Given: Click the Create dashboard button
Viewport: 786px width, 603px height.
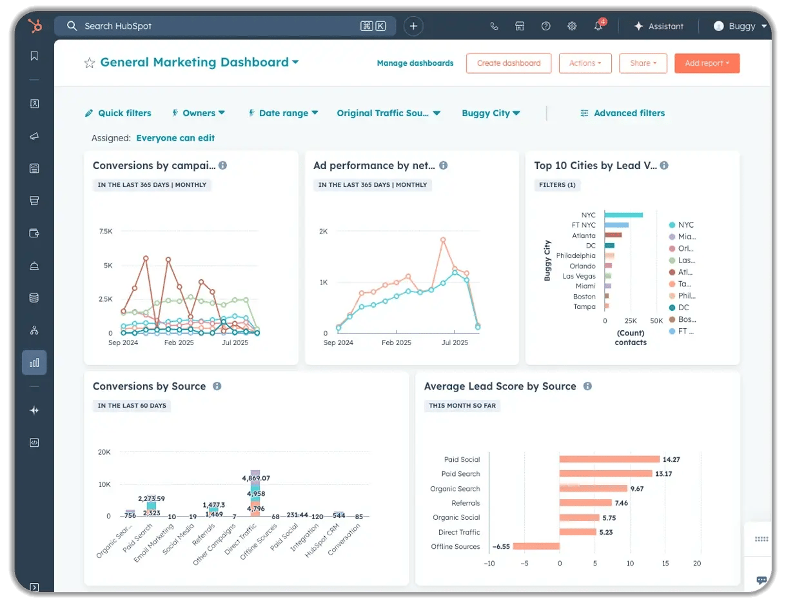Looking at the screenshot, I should coord(508,63).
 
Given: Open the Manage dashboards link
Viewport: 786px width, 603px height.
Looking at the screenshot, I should coord(415,63).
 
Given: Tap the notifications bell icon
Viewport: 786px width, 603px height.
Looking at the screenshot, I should coord(598,26).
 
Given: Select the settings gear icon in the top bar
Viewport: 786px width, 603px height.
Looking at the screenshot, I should coord(571,26).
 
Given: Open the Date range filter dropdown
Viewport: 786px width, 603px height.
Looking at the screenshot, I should coord(284,113).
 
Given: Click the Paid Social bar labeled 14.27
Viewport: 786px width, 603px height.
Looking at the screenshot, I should coord(609,459).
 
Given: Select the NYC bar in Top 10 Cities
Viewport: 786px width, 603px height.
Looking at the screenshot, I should coord(624,215).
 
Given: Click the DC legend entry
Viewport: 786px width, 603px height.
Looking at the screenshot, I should coord(683,308).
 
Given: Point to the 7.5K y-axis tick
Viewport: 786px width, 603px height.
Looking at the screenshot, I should coord(106,231).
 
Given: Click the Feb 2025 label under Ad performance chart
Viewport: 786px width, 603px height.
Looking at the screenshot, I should coord(397,342).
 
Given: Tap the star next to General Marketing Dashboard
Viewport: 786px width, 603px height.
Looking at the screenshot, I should coord(90,63).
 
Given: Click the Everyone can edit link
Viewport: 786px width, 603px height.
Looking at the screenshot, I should coord(175,138).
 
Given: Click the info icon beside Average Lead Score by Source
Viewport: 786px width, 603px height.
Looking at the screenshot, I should coord(587,386).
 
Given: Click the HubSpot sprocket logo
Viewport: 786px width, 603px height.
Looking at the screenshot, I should coord(34,26).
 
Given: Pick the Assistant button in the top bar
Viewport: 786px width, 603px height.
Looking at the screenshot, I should coord(659,26).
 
